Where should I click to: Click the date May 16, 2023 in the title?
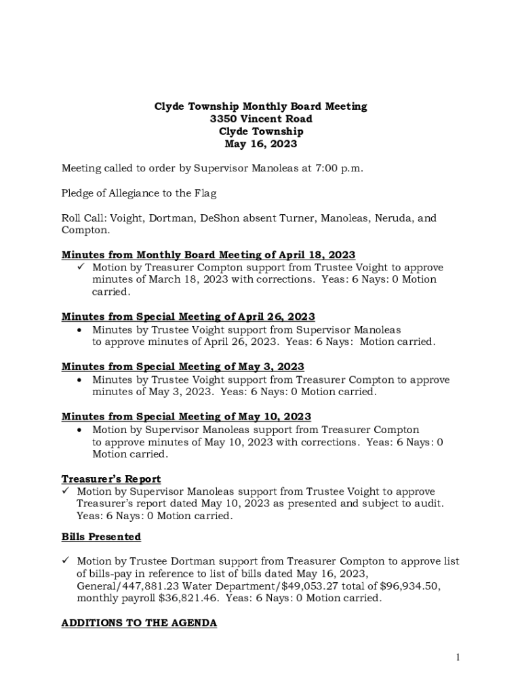point(261,144)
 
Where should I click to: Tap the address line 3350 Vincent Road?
point(261,119)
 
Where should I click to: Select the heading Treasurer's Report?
point(111,479)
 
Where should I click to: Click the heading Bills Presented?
point(101,537)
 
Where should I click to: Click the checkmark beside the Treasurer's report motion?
point(66,491)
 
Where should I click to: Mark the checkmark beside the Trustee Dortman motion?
point(66,561)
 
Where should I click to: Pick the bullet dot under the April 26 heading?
point(81,330)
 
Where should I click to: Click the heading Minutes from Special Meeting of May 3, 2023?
point(183,367)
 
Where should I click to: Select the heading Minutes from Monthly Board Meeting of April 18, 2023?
point(208,255)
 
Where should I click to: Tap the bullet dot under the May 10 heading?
point(81,430)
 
